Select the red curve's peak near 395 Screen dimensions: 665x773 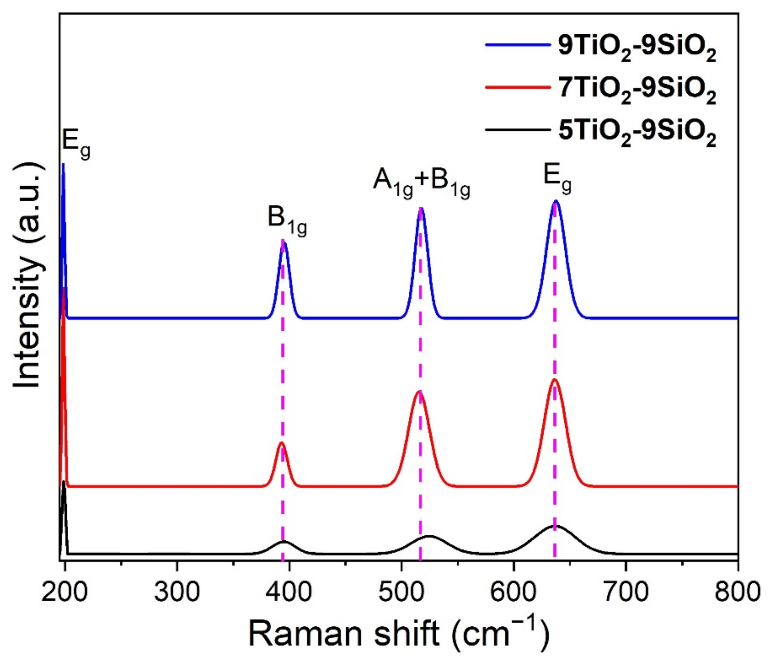point(282,443)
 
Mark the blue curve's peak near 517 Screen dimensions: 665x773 point(421,208)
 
